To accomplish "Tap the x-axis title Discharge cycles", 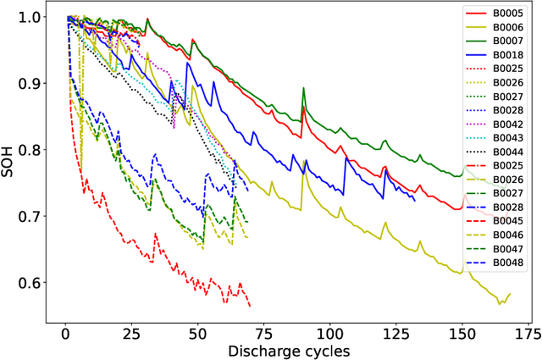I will (x=287, y=350).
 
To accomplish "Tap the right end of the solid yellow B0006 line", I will (x=510, y=294).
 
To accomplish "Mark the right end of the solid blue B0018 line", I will (x=415, y=200).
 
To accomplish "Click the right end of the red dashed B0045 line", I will (x=250, y=306).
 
